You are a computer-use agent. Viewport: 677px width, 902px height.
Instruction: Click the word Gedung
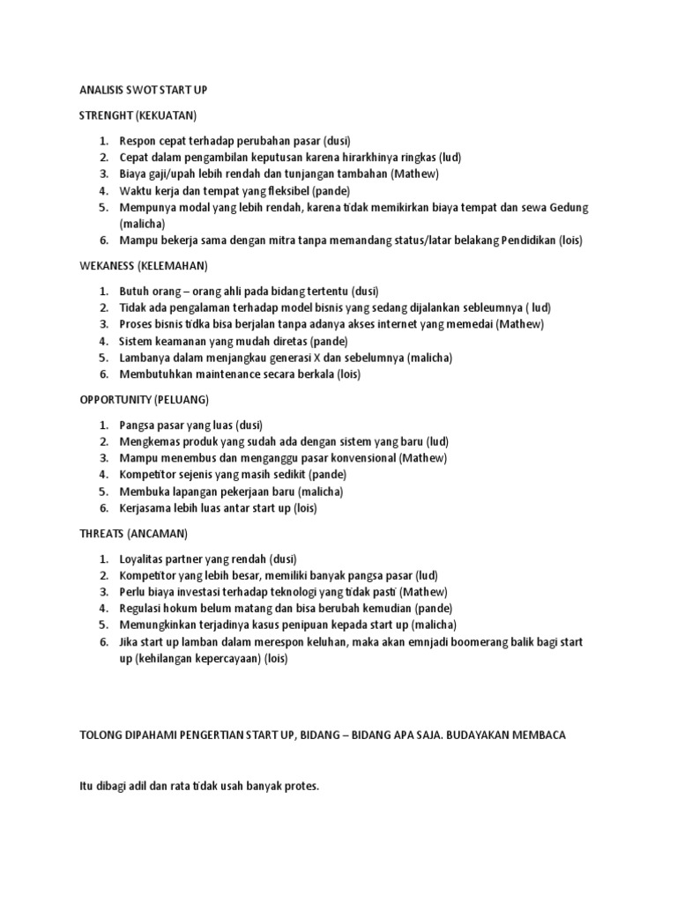tap(567, 208)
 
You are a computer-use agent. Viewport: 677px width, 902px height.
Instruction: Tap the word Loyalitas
tap(144, 558)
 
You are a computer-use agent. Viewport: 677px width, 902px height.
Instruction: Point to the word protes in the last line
tap(299, 786)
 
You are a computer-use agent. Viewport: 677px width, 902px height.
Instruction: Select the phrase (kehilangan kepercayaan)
tap(198, 659)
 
